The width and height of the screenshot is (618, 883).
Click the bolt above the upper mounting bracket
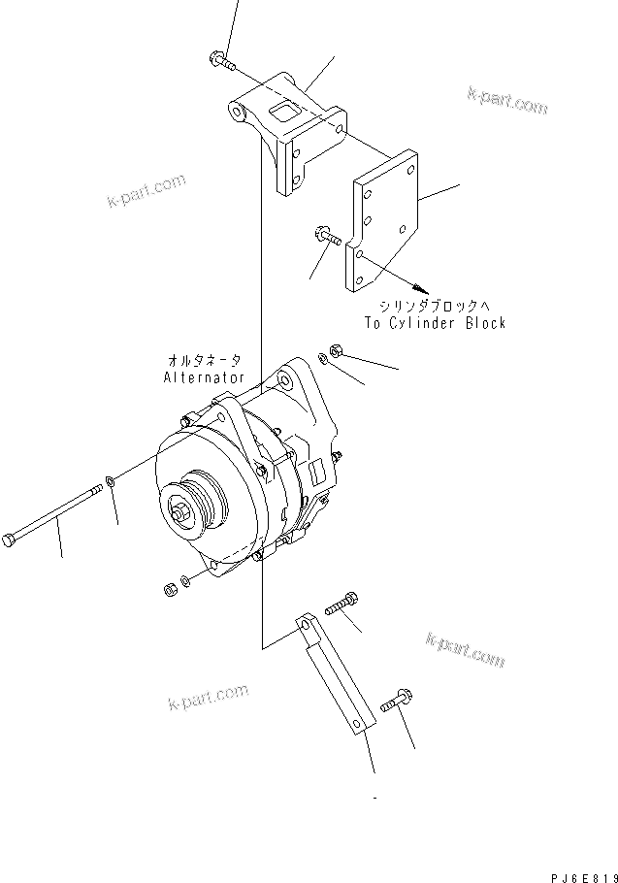point(220,60)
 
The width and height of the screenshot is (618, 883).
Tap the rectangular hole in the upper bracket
point(282,114)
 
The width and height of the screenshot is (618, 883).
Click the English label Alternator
point(204,376)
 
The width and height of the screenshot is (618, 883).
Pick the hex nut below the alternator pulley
point(167,588)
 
